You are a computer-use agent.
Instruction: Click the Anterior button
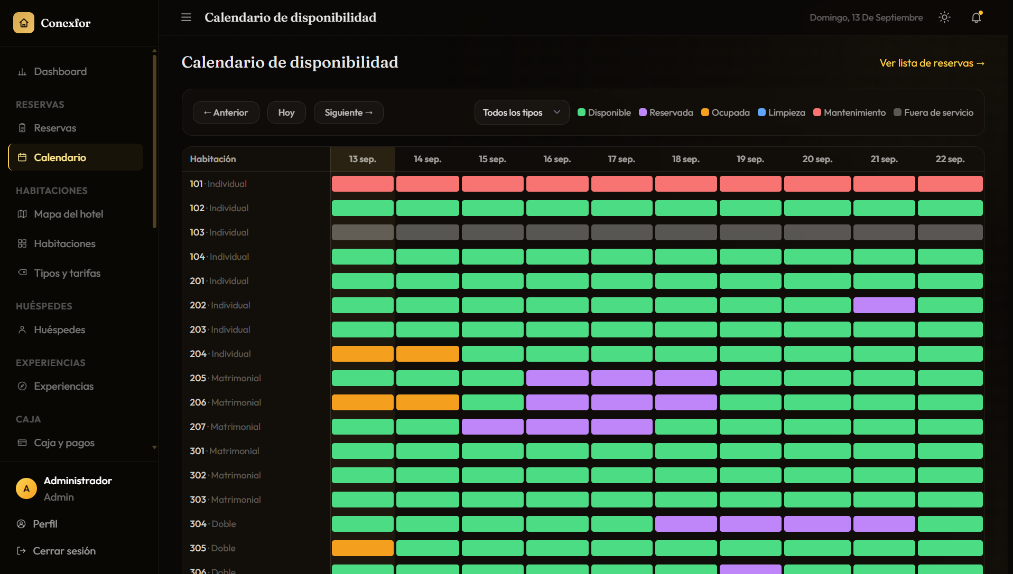226,112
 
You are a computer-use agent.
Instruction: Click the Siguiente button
349,112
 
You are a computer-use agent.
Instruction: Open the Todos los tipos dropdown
522,112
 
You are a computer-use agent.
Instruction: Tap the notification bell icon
976,17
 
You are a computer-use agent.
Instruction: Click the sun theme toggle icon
944,17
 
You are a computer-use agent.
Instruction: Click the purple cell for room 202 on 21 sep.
884,305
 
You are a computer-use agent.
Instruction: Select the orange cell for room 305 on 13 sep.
363,548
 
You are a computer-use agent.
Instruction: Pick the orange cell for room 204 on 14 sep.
427,354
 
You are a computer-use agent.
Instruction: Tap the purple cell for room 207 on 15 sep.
492,427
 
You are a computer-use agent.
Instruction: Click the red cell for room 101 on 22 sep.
950,184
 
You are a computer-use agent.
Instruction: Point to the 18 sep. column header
686,159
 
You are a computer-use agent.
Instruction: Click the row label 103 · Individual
219,232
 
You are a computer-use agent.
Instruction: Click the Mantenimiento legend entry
849,112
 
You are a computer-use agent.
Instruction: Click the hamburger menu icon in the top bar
186,17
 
